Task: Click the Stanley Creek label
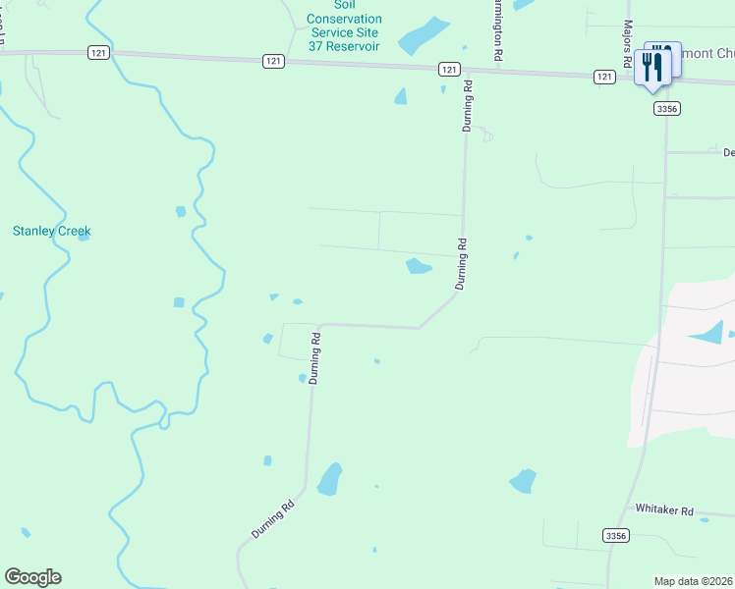(x=51, y=232)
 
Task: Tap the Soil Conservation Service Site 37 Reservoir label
(x=344, y=25)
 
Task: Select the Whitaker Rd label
(x=665, y=510)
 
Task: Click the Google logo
(x=32, y=577)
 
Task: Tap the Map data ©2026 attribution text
(x=694, y=581)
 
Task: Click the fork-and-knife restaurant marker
(x=653, y=66)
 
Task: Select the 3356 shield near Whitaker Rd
(x=615, y=535)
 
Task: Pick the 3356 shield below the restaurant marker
(x=665, y=109)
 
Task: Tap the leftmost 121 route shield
(x=97, y=53)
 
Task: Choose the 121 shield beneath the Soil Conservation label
(x=274, y=61)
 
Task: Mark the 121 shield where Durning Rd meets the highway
(x=448, y=69)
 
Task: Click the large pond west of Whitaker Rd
(x=523, y=480)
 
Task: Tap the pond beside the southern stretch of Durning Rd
(x=329, y=478)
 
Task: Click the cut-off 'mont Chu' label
(x=705, y=53)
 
